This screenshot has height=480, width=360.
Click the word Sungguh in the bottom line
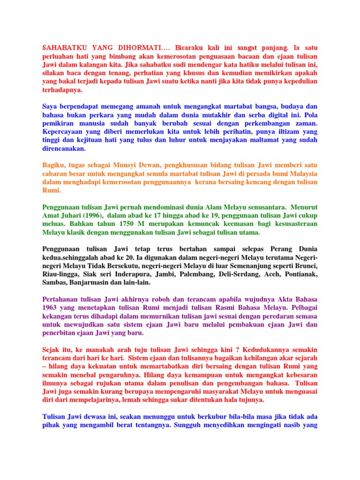tap(191, 425)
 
